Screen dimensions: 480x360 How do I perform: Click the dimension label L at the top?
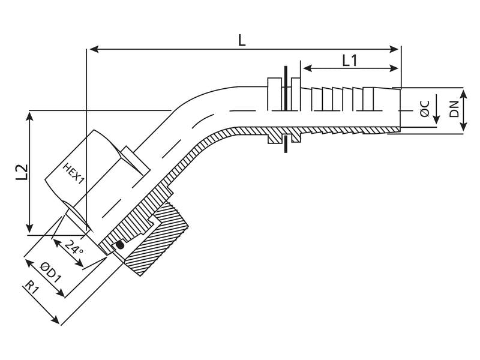click(x=242, y=41)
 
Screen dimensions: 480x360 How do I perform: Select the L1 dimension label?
click(x=349, y=61)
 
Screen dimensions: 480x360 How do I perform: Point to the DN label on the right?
click(x=454, y=109)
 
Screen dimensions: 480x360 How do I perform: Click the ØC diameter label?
click(x=424, y=109)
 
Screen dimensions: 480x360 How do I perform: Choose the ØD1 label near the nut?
click(x=51, y=272)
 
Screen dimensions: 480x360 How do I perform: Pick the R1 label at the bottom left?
click(x=32, y=288)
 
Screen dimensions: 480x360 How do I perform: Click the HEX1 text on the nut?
click(x=73, y=173)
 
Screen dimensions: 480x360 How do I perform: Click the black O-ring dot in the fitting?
click(x=121, y=245)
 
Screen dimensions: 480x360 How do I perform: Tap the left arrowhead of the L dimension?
click(x=94, y=49)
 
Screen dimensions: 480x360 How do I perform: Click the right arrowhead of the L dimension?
click(x=394, y=49)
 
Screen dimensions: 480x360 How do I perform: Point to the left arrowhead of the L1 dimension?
click(x=307, y=68)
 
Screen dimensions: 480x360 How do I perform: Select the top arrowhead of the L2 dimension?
click(x=29, y=116)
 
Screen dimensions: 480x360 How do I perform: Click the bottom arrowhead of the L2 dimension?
click(x=29, y=228)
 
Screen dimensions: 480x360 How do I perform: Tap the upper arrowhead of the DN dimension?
click(x=463, y=95)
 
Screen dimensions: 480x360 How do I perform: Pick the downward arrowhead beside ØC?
click(x=437, y=119)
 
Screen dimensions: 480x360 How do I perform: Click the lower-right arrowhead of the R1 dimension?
click(x=55, y=319)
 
